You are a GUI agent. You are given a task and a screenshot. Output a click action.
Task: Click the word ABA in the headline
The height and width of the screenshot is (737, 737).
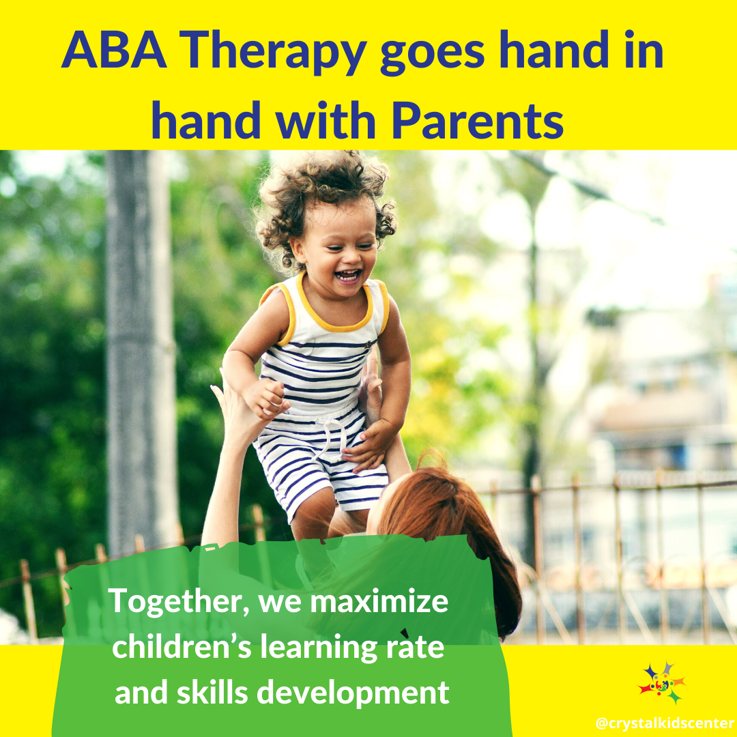coord(114,50)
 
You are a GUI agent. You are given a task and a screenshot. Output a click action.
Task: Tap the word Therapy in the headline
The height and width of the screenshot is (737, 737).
coord(272,53)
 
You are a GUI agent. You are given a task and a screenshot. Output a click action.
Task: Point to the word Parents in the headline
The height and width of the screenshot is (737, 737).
coord(478,121)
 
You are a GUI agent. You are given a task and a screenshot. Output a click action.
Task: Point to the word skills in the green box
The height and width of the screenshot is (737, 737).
coord(212,693)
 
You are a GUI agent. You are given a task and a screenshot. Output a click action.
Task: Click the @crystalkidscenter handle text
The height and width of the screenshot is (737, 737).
coord(665,723)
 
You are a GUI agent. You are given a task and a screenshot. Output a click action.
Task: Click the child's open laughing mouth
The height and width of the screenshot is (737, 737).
coord(348,275)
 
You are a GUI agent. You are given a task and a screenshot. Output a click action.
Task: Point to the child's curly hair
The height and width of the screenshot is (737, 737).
coord(323,192)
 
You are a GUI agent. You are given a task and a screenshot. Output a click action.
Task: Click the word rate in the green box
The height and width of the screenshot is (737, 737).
coord(416,648)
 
